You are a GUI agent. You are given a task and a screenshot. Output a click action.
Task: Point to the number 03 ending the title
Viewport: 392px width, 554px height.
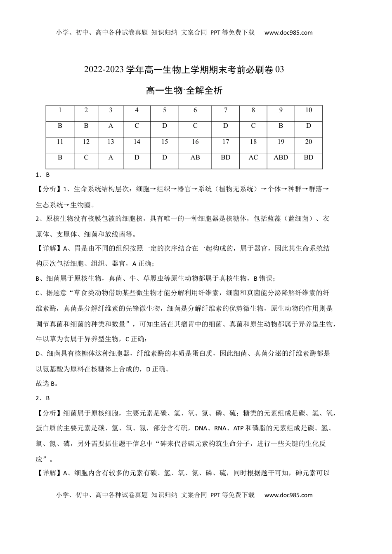[x=279, y=70]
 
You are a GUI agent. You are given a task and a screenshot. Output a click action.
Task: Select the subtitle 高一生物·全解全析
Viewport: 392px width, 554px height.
[x=184, y=91]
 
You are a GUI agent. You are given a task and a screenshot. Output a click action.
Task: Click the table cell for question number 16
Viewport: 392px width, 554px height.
[x=195, y=142]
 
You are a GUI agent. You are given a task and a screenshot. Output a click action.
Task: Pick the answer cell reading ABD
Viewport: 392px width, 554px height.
[x=281, y=157]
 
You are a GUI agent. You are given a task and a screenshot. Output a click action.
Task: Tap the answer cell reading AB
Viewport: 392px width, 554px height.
[x=195, y=157]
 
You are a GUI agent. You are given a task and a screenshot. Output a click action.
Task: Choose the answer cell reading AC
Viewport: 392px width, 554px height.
[x=253, y=157]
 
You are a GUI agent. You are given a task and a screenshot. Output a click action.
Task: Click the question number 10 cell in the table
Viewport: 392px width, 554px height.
[x=308, y=110]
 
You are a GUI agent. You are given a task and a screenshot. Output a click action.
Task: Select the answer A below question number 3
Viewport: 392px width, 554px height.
[x=111, y=126]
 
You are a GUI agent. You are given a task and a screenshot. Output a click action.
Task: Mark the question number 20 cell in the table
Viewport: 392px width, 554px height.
[x=308, y=142]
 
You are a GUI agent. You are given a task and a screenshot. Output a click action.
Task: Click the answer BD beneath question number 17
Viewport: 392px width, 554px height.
[x=225, y=157]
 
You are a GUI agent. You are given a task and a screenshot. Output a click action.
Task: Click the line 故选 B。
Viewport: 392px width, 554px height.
[x=47, y=383]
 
